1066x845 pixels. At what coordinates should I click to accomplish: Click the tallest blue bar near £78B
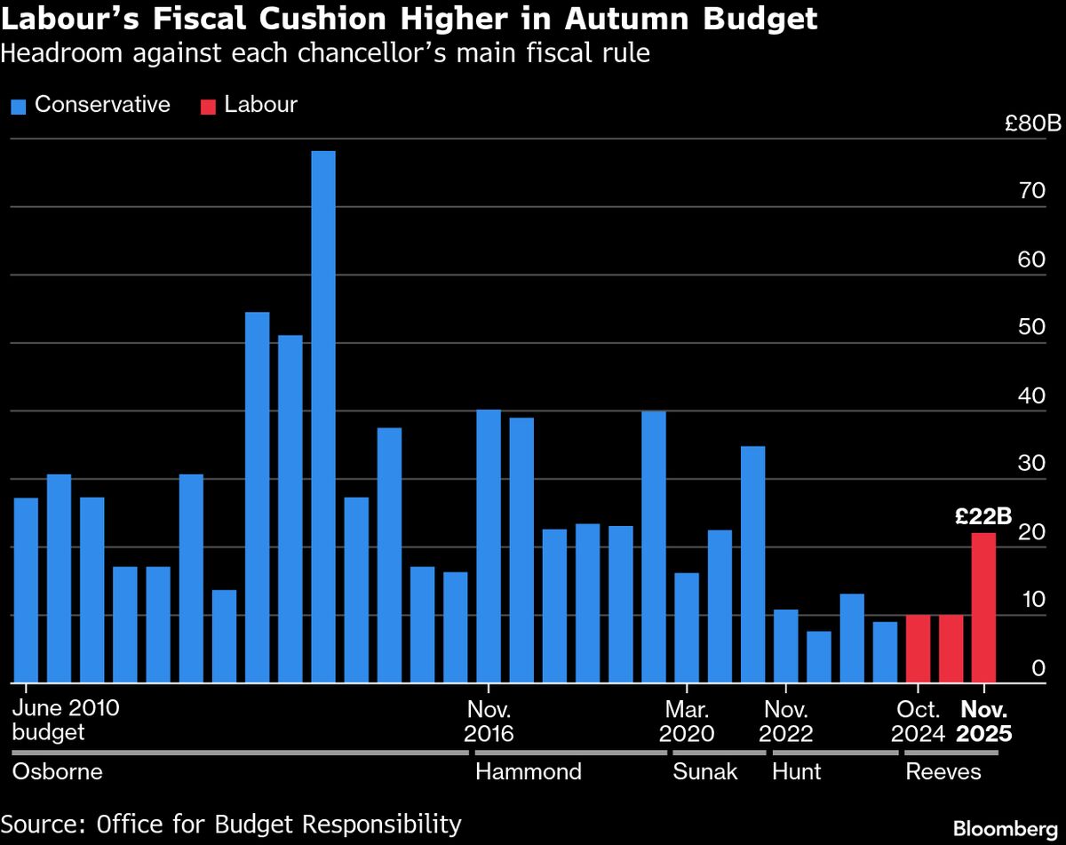click(323, 417)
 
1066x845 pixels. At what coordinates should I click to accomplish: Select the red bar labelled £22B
click(983, 608)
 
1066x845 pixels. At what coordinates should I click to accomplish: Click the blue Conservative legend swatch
click(20, 107)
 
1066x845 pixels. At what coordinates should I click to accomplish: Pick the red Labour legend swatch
click(208, 107)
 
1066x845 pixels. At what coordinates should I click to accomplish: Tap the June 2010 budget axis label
click(66, 721)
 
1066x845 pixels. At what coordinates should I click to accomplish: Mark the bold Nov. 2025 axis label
click(983, 721)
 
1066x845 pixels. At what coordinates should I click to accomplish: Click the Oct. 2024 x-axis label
click(918, 721)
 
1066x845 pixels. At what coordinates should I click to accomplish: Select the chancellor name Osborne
click(58, 771)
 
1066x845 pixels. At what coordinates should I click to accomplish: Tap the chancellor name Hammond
click(529, 771)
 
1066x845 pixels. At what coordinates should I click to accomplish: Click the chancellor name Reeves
click(943, 771)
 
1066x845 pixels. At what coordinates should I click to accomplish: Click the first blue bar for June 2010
click(26, 590)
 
